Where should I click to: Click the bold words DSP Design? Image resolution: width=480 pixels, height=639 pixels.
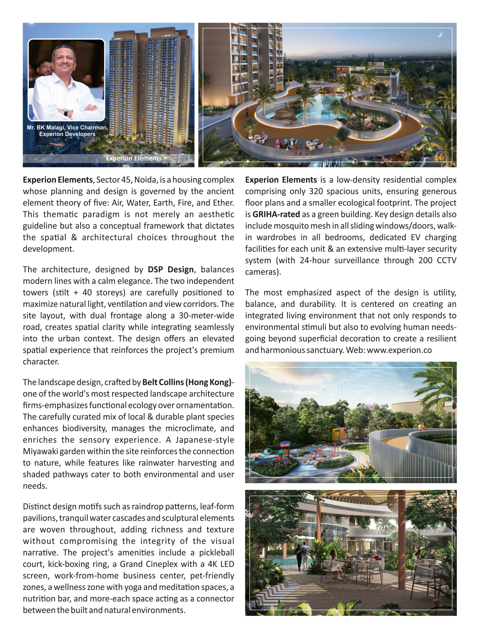coord(171,270)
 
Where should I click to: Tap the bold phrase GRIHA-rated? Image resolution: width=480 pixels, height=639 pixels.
coord(276,214)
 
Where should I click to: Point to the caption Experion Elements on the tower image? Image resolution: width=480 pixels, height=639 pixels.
coord(134,158)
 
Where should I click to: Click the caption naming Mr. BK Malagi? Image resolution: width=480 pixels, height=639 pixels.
coord(67,131)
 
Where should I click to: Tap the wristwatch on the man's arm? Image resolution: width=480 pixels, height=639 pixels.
coord(66,112)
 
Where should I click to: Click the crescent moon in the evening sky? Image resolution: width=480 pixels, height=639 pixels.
coord(440,35)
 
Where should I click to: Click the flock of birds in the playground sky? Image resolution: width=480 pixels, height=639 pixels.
coord(344,382)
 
